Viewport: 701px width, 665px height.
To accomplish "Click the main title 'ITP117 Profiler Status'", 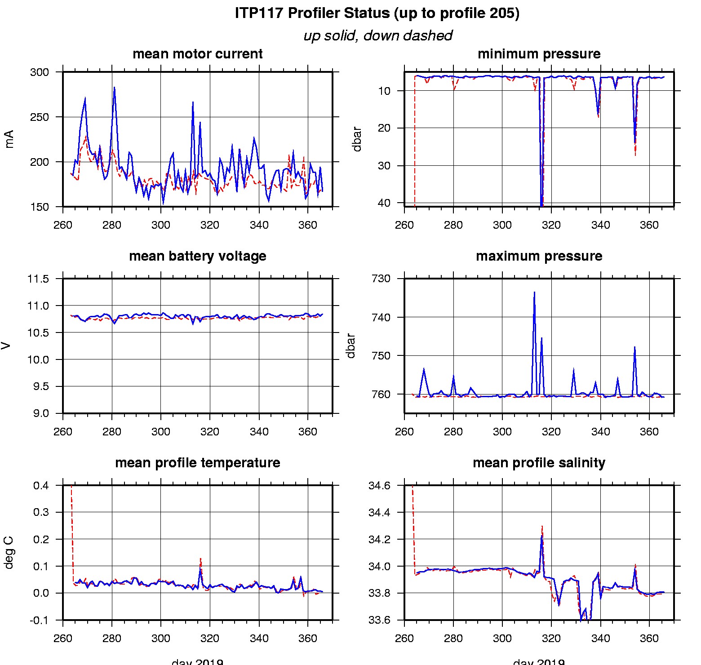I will coord(377,13).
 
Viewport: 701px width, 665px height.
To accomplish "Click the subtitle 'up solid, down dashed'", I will coord(377,35).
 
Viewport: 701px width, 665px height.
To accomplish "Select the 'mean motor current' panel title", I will coord(197,54).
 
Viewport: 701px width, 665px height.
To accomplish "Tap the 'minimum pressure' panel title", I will coord(539,54).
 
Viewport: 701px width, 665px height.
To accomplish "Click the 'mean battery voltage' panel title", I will coord(197,256).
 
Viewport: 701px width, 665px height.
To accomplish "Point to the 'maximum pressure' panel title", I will coord(539,256).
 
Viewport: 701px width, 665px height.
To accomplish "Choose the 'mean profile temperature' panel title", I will coord(197,463).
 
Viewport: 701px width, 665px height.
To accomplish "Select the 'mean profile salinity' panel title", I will coord(539,463).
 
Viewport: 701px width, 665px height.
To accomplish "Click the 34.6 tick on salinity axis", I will coord(379,486).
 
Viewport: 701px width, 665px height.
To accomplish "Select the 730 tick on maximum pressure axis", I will coord(381,279).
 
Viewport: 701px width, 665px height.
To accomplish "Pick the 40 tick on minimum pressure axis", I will coord(384,203).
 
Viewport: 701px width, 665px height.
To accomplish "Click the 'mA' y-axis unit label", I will coord(9,139).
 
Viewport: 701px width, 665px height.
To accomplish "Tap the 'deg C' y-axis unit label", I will coord(9,553).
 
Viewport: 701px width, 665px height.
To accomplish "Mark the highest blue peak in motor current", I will coord(114,88).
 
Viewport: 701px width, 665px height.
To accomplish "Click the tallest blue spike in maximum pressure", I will coord(534,293).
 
